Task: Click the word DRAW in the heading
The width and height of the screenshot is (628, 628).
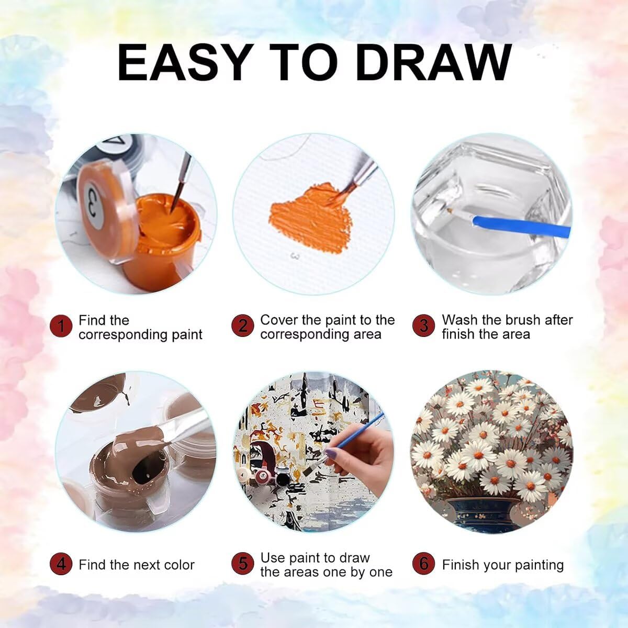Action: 433,62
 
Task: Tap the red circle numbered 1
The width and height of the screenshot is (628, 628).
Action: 61,326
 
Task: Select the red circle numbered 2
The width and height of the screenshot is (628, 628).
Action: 242,326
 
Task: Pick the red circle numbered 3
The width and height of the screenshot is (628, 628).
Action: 423,326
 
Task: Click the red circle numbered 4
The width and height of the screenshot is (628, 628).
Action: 61,564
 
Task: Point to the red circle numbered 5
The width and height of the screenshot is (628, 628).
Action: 242,564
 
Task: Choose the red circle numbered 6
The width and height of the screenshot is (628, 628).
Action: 423,564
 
